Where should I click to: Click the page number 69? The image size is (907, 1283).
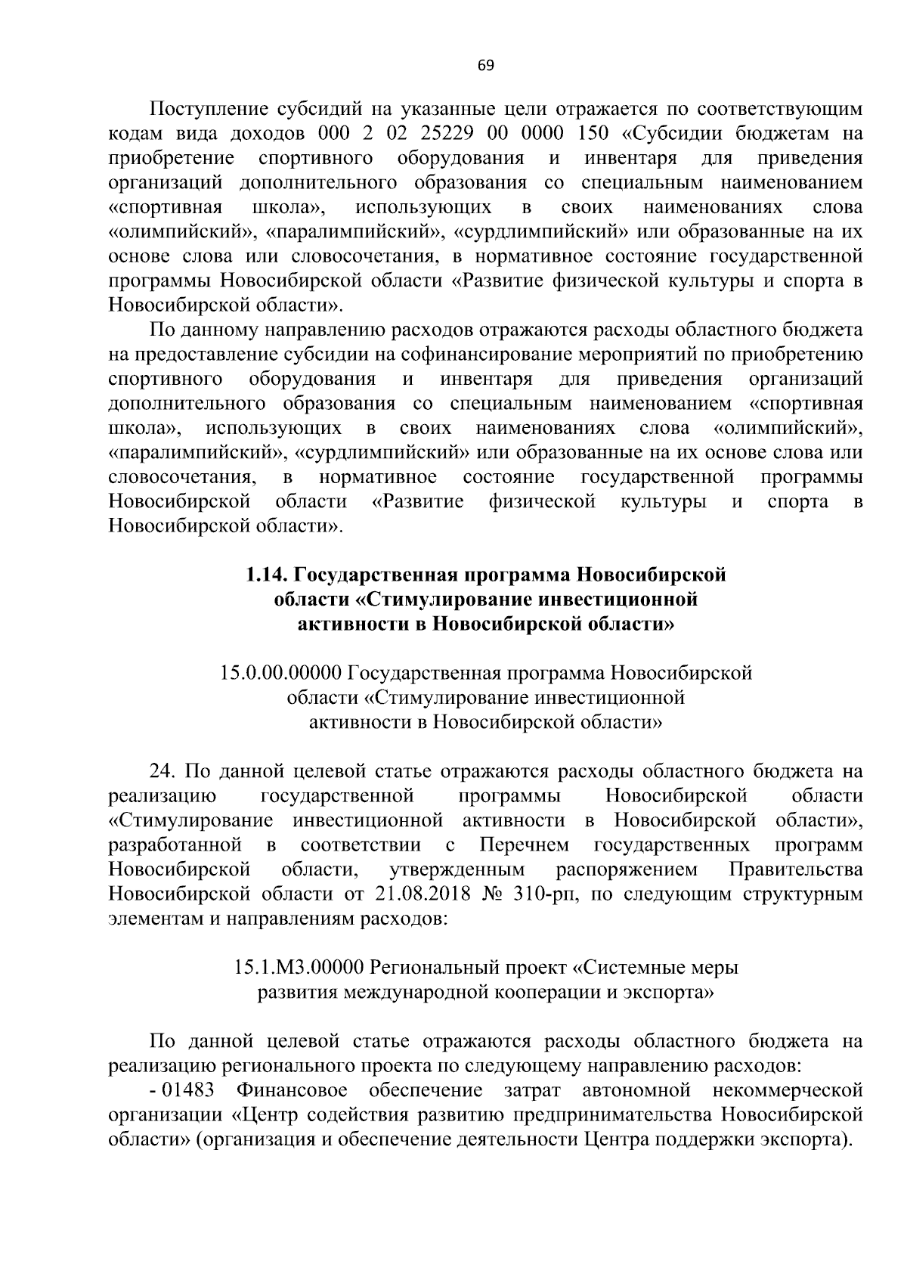[485, 66]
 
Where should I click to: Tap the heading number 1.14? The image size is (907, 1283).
[268, 575]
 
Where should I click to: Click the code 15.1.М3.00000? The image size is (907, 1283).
[300, 967]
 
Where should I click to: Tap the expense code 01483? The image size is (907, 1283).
[190, 1090]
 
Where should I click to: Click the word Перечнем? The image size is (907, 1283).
[524, 844]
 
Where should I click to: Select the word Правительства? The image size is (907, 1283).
[795, 869]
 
